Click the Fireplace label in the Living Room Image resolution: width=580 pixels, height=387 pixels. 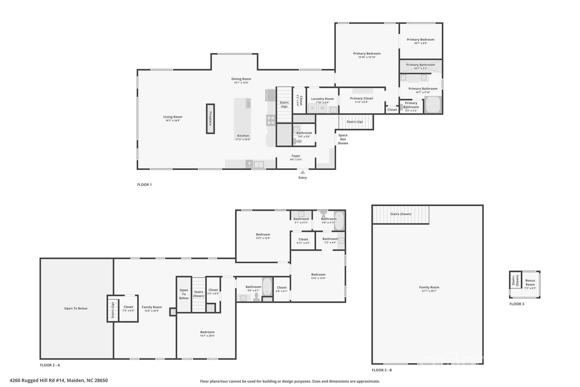(210, 119)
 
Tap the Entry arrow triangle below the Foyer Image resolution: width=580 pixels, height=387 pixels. (302, 172)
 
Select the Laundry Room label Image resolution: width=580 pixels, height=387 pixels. (322, 99)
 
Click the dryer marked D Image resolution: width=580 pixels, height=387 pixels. (313, 108)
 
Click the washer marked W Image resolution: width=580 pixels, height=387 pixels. (322, 108)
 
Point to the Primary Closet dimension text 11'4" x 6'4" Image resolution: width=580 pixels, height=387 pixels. (361, 102)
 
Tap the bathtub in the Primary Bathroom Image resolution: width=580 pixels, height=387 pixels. (433, 105)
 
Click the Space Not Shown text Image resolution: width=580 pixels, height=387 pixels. (343, 139)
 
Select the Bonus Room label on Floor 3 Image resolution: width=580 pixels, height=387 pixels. (530, 282)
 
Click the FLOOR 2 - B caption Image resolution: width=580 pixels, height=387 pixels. (382, 370)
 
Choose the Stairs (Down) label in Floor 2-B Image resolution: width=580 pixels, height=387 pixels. (400, 214)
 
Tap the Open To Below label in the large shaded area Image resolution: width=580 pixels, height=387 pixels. (76, 308)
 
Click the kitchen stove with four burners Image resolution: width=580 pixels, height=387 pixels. (270, 120)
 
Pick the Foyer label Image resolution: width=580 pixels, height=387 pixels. (296, 156)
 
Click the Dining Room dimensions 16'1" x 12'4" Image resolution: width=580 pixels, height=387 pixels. (241, 83)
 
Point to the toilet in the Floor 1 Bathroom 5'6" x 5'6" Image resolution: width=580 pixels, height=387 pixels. (298, 141)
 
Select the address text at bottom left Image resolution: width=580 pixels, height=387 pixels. (59, 380)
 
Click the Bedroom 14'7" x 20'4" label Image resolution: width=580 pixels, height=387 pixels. (207, 332)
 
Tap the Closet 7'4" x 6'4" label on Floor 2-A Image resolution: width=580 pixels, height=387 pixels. (128, 307)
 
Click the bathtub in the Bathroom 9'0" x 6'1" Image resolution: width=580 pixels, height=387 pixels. (267, 287)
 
